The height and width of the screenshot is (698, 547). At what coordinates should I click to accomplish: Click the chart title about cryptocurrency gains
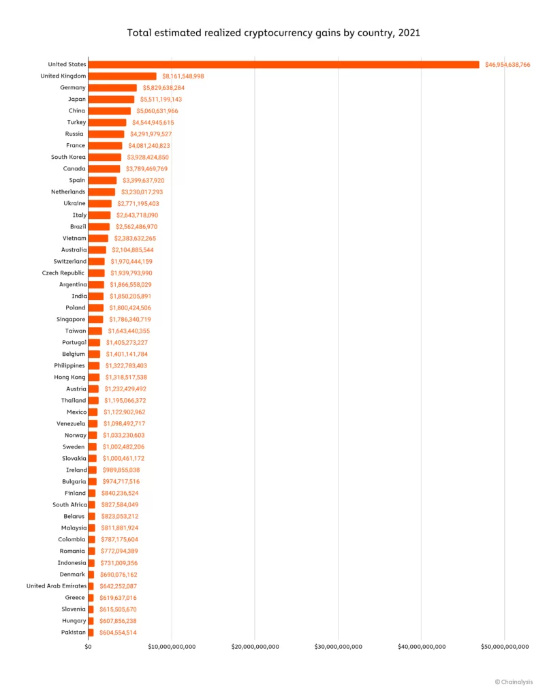tap(273, 32)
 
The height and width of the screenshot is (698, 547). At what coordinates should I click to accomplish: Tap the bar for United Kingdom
tap(123, 76)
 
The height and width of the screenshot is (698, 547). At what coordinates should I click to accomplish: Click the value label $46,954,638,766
tap(507, 65)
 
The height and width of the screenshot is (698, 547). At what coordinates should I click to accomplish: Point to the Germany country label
tap(73, 88)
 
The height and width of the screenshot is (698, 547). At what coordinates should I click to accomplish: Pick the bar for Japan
tap(111, 100)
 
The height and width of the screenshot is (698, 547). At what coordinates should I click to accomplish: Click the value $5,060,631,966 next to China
tap(155, 111)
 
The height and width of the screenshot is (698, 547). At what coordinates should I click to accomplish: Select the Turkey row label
tap(76, 123)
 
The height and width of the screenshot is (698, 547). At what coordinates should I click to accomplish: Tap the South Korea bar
tap(105, 157)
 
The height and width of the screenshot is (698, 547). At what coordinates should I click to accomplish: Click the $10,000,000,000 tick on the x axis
tap(172, 646)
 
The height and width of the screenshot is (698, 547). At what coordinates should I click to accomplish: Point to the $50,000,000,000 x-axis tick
tap(504, 646)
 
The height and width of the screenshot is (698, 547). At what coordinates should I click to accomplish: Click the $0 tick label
tap(89, 646)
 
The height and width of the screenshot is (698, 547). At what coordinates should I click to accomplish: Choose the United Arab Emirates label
tap(57, 586)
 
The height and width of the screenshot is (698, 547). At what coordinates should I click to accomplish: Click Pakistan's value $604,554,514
tap(118, 633)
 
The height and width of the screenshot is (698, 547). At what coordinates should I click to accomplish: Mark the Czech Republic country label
tap(64, 273)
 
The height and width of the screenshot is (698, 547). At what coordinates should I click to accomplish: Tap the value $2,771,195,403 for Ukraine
tap(137, 204)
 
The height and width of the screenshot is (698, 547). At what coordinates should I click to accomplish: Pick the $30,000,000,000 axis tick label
tap(338, 646)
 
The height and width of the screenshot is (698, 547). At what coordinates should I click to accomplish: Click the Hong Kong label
tap(70, 378)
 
